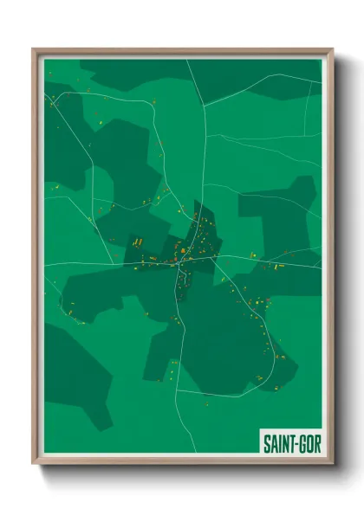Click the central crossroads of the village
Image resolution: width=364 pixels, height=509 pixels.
pyautogui.click(x=183, y=257)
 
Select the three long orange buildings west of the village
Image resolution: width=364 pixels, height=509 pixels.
pyautogui.click(x=136, y=242)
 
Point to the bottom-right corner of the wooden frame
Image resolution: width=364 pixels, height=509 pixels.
pyautogui.click(x=332, y=463)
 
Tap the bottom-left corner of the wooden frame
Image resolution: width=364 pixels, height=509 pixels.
pyautogui.click(x=34, y=463)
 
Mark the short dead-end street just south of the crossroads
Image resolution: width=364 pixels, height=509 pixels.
pyautogui.click(x=179, y=277)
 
